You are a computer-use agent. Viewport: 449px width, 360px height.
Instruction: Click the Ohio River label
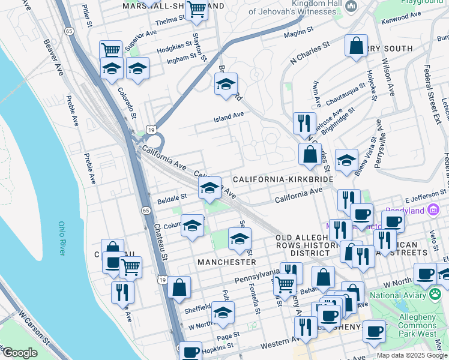coord(61,239)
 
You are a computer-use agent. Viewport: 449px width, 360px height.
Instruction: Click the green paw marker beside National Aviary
coord(435,295)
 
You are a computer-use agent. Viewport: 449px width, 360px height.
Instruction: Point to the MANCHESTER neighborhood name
coord(227,262)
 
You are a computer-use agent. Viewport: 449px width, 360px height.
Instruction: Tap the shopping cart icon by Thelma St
coord(196,10)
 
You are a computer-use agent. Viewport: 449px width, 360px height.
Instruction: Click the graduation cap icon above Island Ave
coord(226,83)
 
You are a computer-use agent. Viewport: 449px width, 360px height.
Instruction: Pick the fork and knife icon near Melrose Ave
coord(304,123)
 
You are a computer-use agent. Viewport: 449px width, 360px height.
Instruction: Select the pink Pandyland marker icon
coord(433,210)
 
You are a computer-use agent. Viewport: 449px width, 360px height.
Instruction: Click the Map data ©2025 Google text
coord(411,355)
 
